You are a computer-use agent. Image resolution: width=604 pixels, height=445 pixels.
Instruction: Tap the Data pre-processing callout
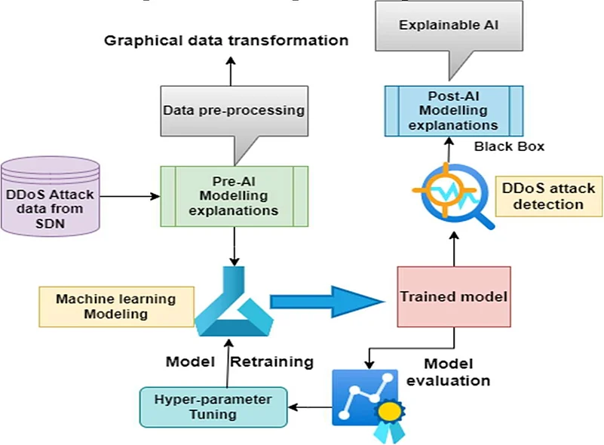pyautogui.click(x=234, y=111)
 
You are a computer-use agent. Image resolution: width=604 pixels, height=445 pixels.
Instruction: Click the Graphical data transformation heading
pyautogui.click(x=226, y=40)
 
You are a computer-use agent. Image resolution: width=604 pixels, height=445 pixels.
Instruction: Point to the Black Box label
pyautogui.click(x=509, y=146)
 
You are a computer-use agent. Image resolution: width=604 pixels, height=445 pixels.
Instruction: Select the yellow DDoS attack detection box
pyautogui.click(x=544, y=195)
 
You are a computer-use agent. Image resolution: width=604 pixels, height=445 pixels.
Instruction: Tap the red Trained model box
pyautogui.click(x=454, y=296)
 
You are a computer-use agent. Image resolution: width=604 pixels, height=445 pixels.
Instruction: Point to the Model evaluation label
pyautogui.click(x=448, y=371)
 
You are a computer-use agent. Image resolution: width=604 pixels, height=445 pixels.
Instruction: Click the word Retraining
pyautogui.click(x=271, y=361)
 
